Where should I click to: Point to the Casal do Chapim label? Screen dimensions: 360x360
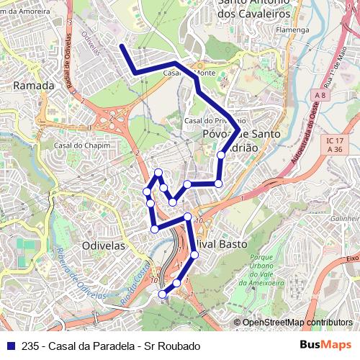coord(76,145)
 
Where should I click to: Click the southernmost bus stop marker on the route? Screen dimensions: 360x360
coord(162,293)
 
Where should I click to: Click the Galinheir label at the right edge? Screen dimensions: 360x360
coord(345,217)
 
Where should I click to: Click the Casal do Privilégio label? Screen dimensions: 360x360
coord(215,121)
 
